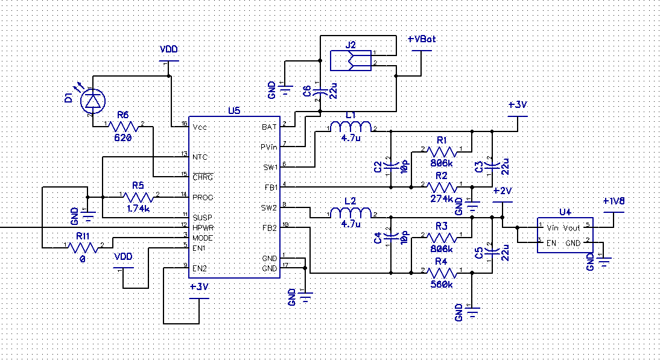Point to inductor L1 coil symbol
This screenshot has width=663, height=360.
(349, 128)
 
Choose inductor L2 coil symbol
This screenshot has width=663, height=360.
(349, 213)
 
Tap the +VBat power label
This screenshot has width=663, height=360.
(422, 39)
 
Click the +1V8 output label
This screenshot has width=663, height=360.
(615, 201)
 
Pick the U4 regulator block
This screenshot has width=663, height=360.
(564, 235)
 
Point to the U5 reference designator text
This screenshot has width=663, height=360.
(234, 110)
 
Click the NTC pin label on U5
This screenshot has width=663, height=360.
(200, 157)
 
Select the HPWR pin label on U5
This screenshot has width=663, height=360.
(203, 227)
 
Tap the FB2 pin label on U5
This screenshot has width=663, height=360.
(270, 227)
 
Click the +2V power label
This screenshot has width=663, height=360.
(502, 191)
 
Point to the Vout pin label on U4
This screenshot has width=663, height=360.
(571, 228)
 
